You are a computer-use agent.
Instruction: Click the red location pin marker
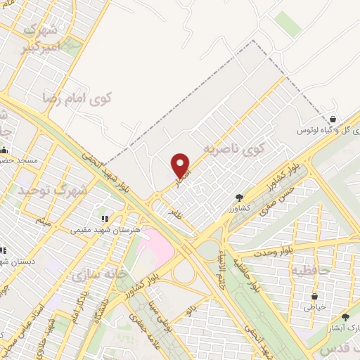tap(181, 166)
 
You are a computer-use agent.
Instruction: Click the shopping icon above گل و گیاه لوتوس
tap(332, 119)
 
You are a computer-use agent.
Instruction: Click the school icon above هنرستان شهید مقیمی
tap(105, 219)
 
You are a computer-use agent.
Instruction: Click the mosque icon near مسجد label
tap(4, 150)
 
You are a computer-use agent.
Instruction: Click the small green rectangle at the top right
tap(287, 24)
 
